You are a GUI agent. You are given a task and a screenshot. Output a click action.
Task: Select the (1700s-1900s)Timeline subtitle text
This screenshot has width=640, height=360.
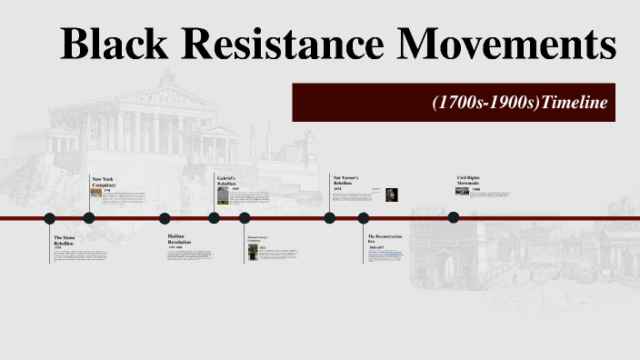(519, 103)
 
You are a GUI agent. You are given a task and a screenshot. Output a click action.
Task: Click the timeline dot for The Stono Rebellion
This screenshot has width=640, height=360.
(50, 218)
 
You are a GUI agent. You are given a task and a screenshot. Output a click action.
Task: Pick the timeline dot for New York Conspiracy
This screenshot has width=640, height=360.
(89, 218)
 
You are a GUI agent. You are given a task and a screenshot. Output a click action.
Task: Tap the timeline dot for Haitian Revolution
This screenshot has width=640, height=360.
(165, 218)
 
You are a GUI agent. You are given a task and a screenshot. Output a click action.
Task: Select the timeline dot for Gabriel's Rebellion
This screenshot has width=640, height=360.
(214, 218)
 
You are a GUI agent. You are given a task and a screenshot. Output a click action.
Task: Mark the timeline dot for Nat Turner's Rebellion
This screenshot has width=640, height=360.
(330, 218)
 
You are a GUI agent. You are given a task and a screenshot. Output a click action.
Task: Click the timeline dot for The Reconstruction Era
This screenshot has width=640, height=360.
(364, 218)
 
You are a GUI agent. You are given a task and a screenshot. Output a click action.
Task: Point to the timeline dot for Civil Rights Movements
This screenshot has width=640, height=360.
(454, 217)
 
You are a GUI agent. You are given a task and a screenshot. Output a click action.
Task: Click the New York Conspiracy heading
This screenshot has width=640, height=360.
(103, 182)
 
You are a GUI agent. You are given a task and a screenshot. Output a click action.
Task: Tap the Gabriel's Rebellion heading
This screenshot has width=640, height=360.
(226, 180)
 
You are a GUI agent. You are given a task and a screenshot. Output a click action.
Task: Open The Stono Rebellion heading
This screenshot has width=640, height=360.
(65, 240)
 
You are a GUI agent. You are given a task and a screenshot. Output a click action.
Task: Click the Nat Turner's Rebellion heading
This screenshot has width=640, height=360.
(345, 180)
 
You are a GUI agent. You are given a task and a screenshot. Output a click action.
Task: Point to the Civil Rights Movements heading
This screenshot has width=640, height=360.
(468, 180)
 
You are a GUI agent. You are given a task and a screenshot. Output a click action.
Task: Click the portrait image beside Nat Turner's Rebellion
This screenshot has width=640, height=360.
(390, 195)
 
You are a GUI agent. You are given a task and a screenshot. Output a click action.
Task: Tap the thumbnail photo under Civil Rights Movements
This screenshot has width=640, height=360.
(463, 191)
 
